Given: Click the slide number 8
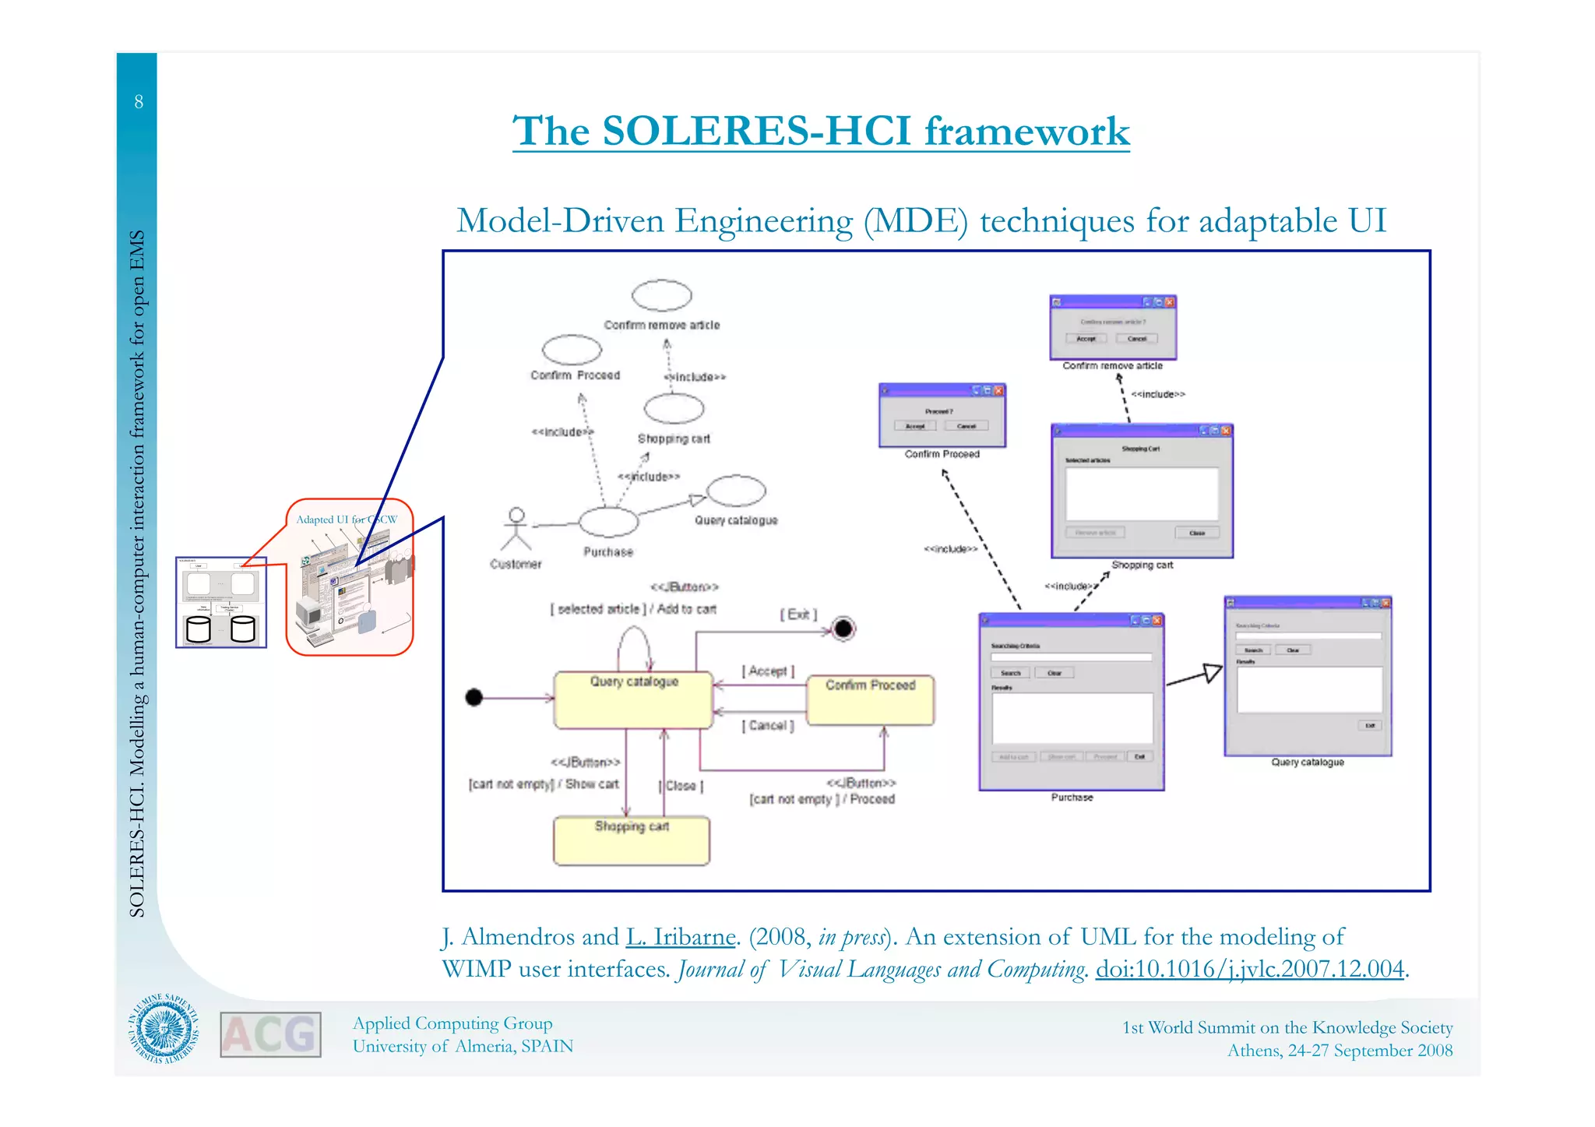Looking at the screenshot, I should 139,102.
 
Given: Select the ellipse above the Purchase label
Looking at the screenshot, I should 608,522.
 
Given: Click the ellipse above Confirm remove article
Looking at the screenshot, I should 661,296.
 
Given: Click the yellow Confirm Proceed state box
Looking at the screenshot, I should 870,700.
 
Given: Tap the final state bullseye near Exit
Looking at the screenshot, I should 843,629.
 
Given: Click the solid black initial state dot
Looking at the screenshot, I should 474,697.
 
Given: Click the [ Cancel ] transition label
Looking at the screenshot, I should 768,726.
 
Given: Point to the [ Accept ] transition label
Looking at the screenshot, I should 768,671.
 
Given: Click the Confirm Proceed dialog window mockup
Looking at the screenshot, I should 942,416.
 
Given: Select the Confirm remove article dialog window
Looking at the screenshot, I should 1112,327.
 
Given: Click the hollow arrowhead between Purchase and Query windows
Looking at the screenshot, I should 1212,672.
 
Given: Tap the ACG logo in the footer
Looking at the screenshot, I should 270,1035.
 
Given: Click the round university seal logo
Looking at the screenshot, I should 164,1030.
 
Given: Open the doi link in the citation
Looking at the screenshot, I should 1250,969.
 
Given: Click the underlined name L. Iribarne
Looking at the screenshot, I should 681,937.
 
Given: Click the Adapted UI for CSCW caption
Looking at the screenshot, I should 347,519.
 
